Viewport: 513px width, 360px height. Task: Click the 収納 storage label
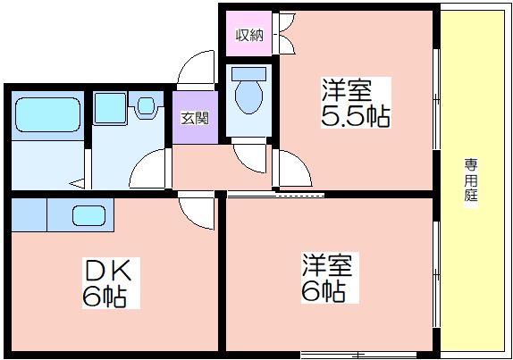point(249,36)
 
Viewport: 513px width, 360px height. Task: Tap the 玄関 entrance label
point(195,119)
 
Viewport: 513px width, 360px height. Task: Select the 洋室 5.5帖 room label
point(356,103)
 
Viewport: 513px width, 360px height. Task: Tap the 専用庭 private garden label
point(471,180)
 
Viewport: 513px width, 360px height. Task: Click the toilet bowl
point(249,97)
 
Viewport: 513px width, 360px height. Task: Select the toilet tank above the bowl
point(248,74)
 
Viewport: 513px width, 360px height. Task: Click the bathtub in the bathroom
point(47,114)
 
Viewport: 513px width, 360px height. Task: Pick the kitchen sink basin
point(89,215)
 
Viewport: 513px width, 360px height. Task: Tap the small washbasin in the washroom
point(146,105)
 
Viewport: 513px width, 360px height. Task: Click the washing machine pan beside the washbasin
point(110,108)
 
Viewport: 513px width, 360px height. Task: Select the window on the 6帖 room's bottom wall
point(358,355)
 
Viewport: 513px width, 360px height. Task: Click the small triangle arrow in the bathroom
point(78,184)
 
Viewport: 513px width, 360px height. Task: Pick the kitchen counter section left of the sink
point(29,214)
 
